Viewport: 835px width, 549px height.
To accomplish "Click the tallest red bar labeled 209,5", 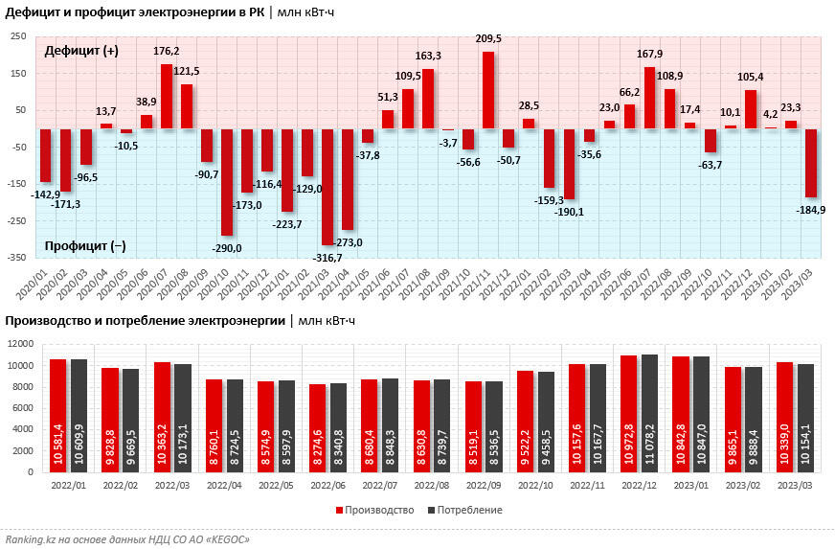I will coord(487,90).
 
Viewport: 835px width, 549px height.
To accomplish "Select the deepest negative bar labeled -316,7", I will coord(327,187).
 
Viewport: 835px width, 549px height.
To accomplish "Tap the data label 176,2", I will coord(166,51).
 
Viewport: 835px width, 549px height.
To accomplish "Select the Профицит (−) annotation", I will coord(85,246).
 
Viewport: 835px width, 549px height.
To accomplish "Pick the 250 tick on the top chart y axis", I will coord(18,36).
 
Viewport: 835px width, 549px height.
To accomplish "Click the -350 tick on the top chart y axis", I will coord(17,258).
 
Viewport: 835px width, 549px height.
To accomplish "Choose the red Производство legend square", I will coord(339,510).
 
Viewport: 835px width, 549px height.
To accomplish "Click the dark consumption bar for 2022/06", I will coord(337,427).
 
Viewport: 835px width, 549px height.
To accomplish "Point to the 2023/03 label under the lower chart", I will coord(797,486).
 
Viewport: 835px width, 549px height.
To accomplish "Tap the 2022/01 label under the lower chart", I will coord(67,486).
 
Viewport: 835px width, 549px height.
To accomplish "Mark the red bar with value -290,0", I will coord(227,182).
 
